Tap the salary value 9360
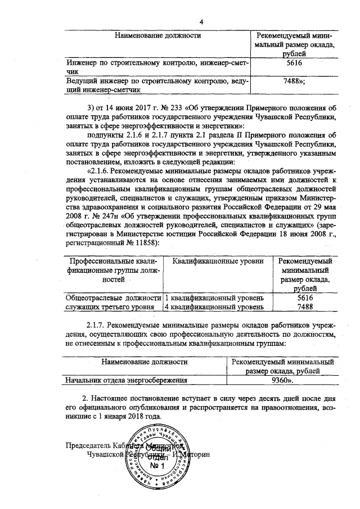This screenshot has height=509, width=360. pyautogui.click(x=281, y=380)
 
